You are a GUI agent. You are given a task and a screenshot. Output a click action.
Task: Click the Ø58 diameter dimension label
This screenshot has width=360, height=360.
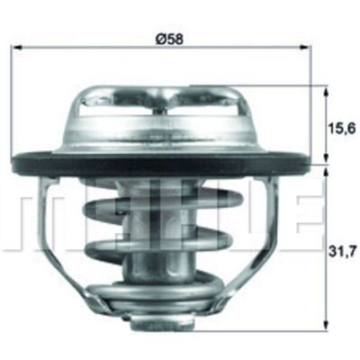click(170, 39)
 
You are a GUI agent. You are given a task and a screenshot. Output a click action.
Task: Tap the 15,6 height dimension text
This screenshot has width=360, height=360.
click(342, 129)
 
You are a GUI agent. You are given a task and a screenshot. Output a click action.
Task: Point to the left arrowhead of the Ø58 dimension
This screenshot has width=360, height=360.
click(19, 47)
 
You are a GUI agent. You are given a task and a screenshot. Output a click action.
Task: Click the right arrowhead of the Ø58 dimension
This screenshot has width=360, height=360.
click(304, 47)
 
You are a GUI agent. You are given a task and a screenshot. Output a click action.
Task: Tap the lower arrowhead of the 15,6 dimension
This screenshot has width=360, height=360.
click(326, 159)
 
